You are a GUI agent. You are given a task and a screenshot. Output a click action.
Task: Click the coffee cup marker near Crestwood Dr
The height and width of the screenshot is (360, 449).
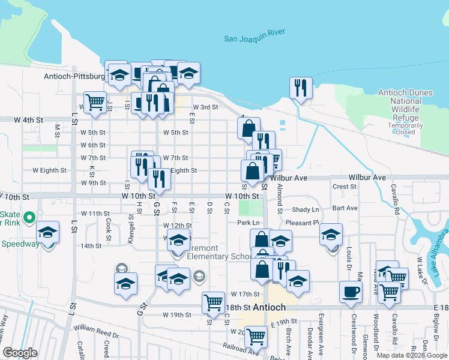click(x=351, y=292)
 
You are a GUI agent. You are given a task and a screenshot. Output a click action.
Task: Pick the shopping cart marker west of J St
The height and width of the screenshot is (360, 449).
click(x=95, y=103)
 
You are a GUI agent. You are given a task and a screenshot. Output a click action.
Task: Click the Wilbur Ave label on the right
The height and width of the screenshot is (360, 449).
click(x=367, y=178)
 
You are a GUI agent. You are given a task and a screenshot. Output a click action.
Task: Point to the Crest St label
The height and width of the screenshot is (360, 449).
click(x=344, y=187)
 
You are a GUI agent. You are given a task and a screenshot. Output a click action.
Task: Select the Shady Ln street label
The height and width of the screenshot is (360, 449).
click(x=306, y=209)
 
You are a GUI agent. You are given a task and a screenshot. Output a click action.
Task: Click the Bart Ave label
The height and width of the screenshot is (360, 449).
click(x=345, y=208)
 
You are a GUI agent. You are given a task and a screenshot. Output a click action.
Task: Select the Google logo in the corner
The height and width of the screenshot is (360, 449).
click(x=20, y=353)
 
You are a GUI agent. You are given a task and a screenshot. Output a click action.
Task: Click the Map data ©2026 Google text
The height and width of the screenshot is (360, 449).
click(x=411, y=355)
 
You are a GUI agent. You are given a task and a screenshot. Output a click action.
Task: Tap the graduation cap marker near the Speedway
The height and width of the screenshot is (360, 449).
click(x=48, y=232)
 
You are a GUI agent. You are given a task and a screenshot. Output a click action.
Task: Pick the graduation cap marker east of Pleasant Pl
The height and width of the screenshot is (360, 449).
click(x=330, y=234)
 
